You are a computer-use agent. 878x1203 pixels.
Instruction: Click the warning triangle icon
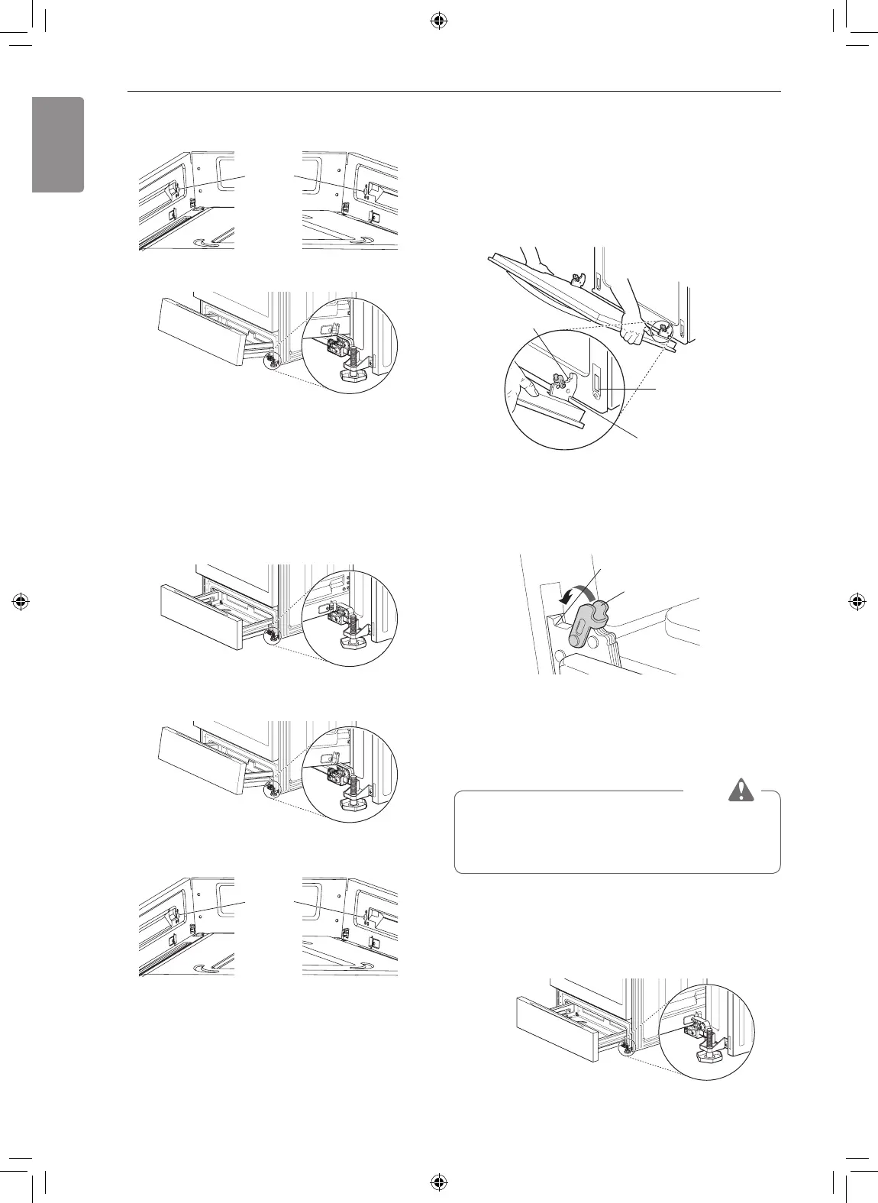point(738,791)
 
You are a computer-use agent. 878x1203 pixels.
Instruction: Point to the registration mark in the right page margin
point(857,601)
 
